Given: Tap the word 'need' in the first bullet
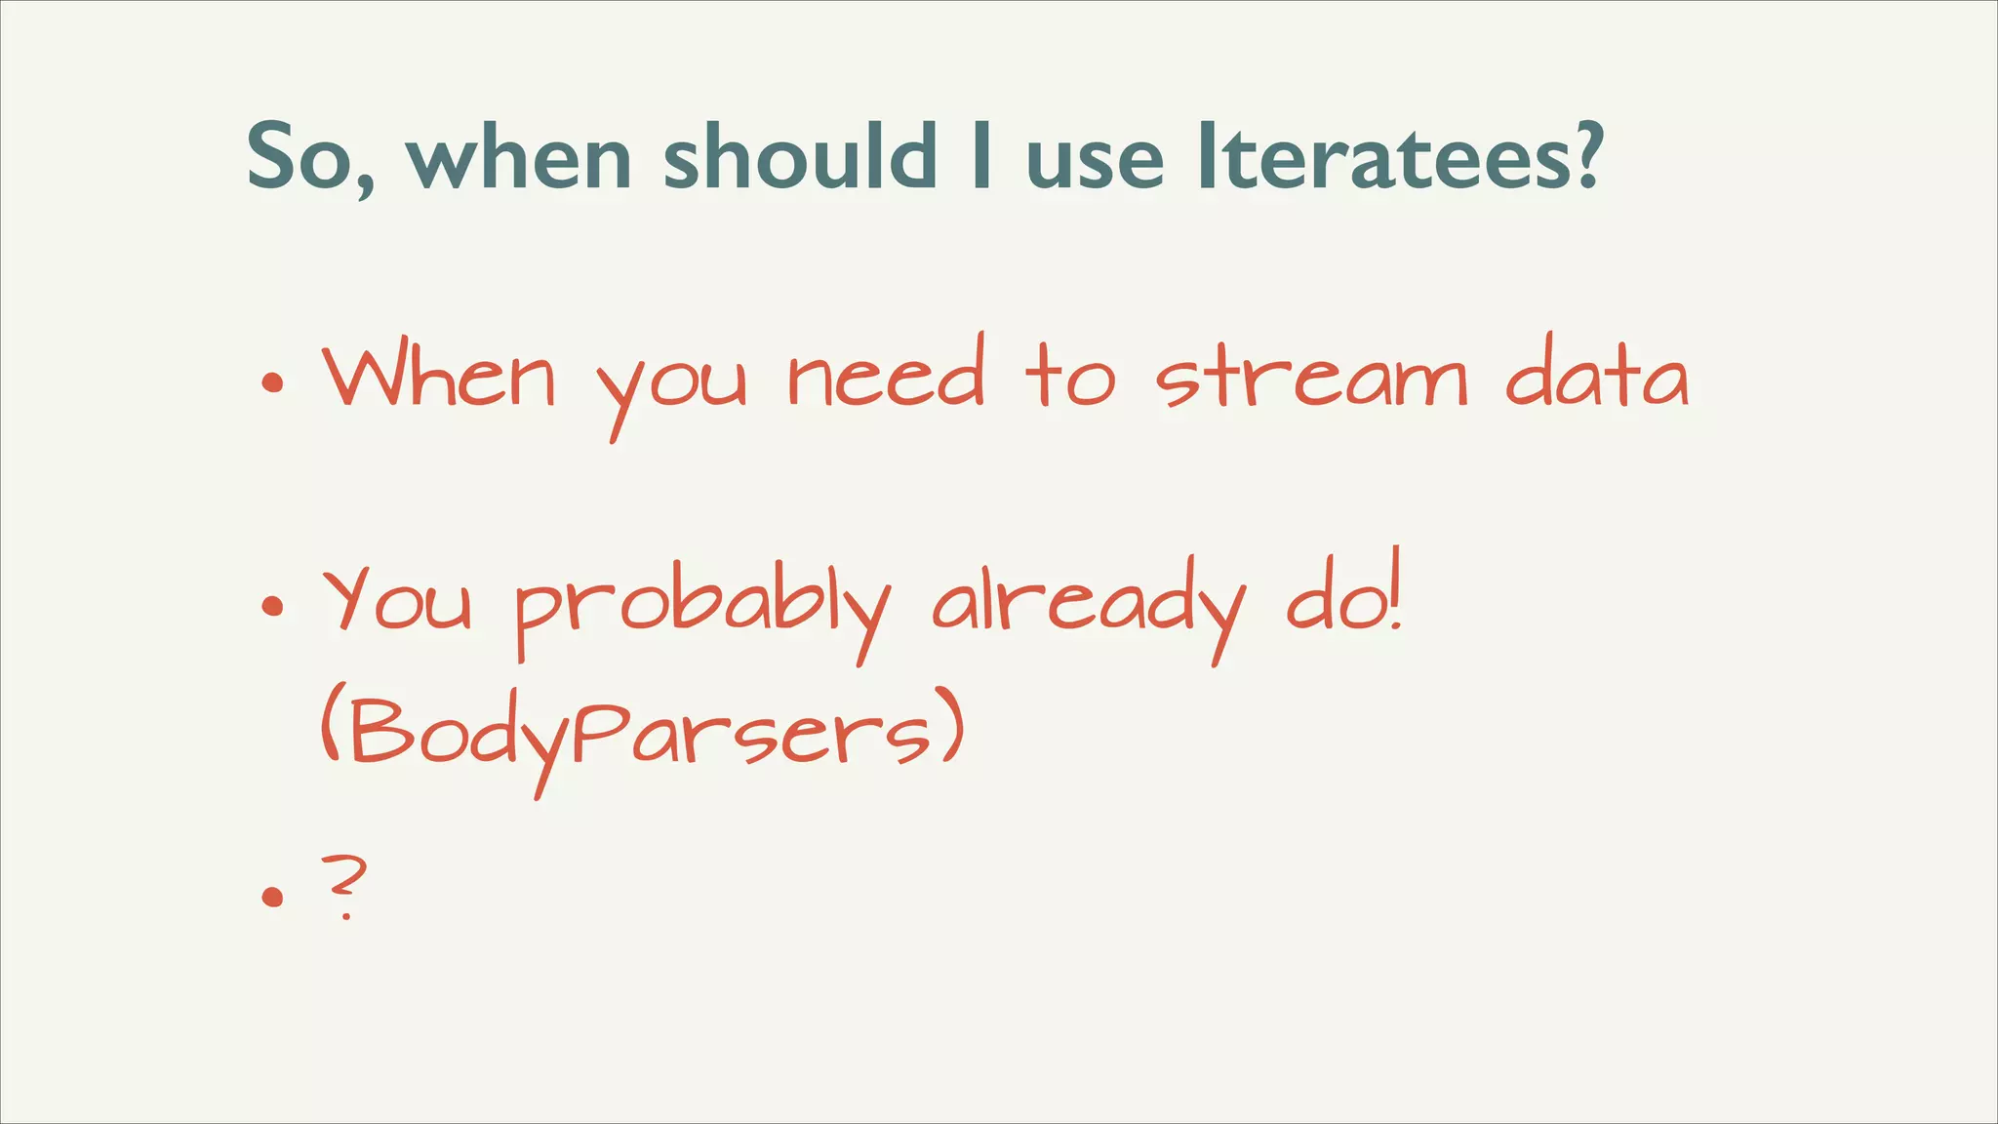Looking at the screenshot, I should (886, 376).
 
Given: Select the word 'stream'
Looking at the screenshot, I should (1311, 379).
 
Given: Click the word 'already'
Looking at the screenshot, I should (1088, 605).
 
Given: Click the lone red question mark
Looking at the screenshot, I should (344, 883).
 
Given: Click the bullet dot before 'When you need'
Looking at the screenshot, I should (272, 382).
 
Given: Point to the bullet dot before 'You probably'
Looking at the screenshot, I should (272, 607).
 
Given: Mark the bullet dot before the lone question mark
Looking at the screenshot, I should (272, 896).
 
